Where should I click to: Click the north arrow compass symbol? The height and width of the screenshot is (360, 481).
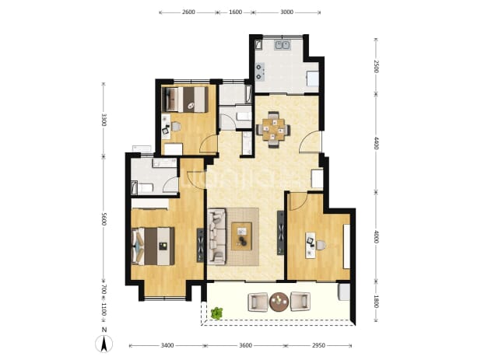tap(104, 344)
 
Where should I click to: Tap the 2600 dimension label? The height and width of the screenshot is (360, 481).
tap(188, 12)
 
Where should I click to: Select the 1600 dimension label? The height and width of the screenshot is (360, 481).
tap(235, 12)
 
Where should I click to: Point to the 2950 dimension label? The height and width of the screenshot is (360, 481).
tap(318, 345)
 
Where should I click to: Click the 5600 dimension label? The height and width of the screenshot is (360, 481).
tap(104, 218)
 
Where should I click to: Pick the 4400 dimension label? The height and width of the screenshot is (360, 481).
tap(377, 143)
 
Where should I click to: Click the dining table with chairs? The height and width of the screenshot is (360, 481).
tap(273, 130)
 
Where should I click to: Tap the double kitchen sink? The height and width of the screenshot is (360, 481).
tap(283, 45)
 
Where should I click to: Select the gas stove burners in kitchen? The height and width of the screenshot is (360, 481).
tap(260, 72)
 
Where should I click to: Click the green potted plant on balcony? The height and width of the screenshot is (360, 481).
tap(217, 313)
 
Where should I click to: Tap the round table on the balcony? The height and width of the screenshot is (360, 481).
tap(279, 302)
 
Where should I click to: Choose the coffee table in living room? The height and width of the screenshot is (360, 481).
tap(241, 236)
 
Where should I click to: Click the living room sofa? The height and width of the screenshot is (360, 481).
tap(216, 236)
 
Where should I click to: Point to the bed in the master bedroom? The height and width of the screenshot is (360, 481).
tap(153, 246)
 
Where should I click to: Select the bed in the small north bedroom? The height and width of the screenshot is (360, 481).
tap(185, 100)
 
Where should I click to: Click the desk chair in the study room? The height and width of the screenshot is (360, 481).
tap(321, 245)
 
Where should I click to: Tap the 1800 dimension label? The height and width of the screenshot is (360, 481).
tap(377, 301)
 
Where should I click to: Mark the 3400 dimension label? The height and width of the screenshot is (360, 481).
tap(167, 345)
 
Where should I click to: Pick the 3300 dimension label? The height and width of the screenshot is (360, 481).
tap(104, 120)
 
